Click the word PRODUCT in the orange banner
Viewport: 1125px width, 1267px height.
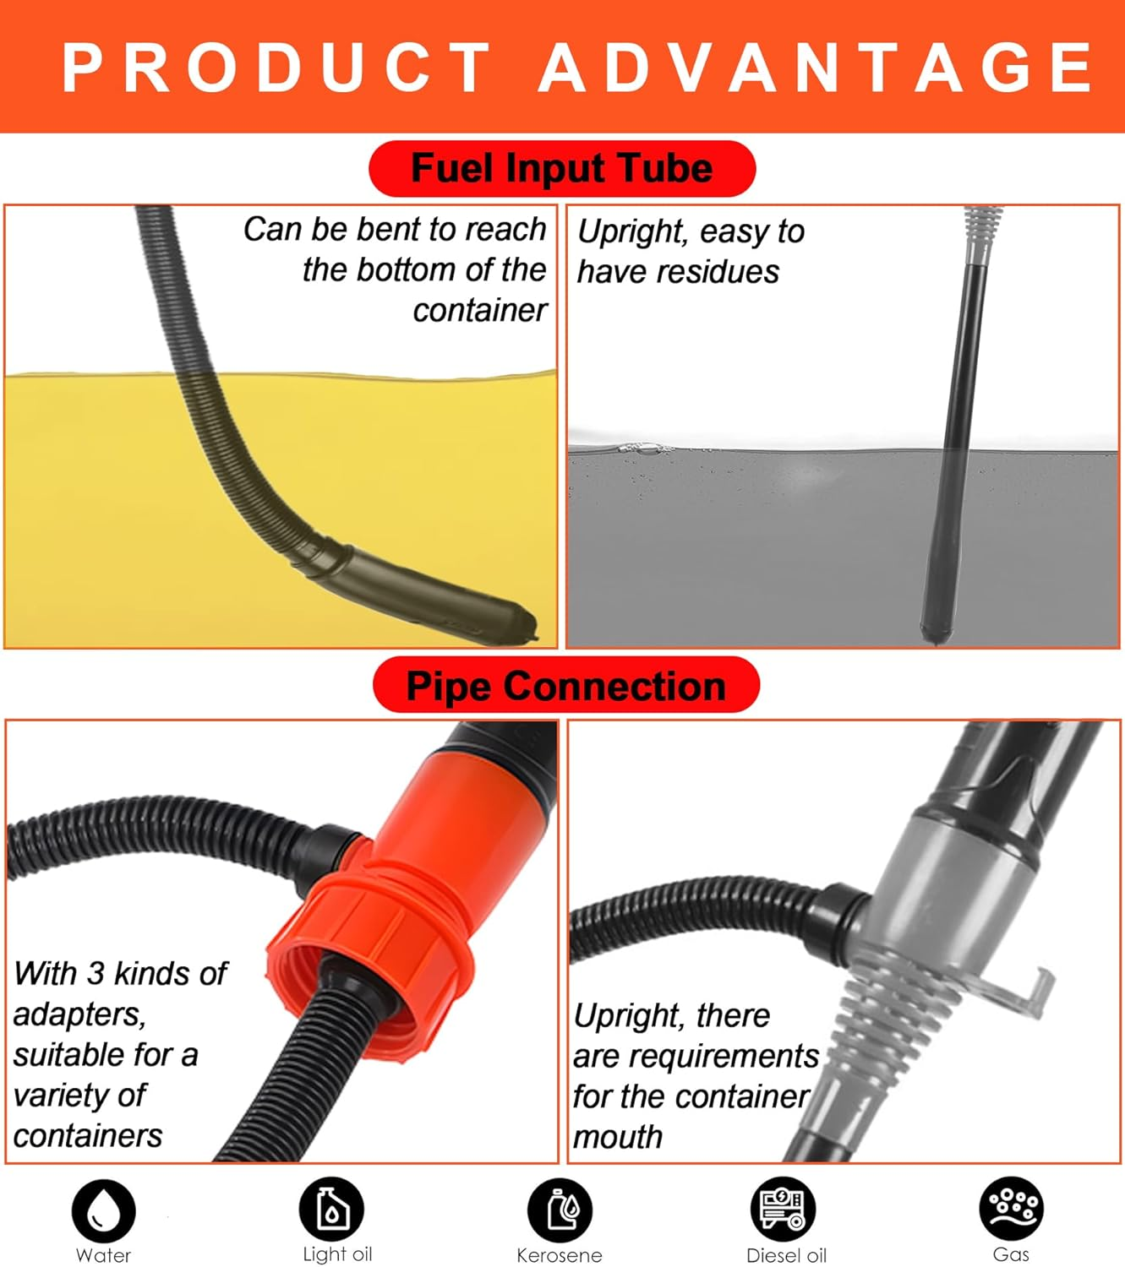[x=277, y=67]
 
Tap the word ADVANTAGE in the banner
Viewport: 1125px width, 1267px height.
[x=816, y=67]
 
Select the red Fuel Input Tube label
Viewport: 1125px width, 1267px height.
[x=562, y=168]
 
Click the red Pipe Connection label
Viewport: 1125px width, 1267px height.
[x=565, y=685]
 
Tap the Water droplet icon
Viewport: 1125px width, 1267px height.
[x=104, y=1210]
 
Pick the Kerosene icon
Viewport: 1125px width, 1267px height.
[x=560, y=1210]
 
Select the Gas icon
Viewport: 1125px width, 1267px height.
[x=1011, y=1209]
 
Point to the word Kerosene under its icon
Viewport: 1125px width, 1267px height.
[x=560, y=1255]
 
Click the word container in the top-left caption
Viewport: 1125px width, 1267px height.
[x=480, y=311]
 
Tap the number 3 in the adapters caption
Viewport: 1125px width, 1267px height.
[x=96, y=973]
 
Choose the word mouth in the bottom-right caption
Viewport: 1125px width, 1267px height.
[x=618, y=1137]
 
